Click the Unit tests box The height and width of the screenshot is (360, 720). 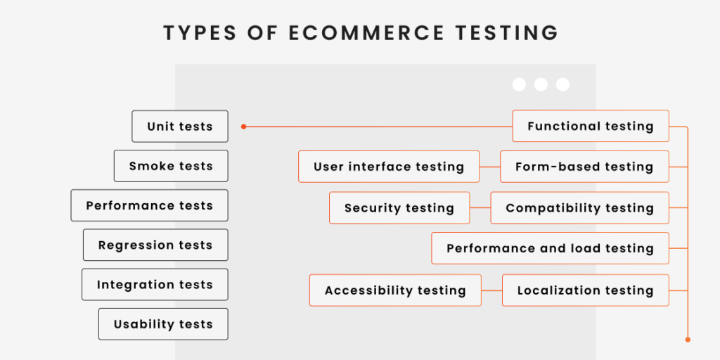click(180, 127)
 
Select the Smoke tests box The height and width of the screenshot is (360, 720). click(171, 166)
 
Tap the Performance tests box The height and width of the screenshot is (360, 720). click(149, 205)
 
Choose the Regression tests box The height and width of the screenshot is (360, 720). click(155, 245)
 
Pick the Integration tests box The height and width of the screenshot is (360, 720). click(155, 285)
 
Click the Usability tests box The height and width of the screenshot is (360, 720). click(163, 324)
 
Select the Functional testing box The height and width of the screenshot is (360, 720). click(591, 126)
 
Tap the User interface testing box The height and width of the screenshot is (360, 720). click(388, 167)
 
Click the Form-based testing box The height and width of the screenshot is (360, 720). click(584, 167)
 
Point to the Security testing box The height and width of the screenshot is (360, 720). click(399, 207)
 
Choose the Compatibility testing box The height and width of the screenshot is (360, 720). click(579, 207)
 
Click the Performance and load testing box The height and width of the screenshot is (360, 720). click(550, 248)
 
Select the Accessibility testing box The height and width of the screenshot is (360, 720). click(395, 290)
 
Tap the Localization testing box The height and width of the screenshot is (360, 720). click(586, 290)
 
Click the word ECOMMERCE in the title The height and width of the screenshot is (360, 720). click(366, 33)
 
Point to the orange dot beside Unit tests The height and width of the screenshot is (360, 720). click(244, 127)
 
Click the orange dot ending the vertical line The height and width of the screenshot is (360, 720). click(688, 340)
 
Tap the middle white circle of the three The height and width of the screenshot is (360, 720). click(541, 84)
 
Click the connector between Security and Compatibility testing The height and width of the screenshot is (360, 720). click(480, 207)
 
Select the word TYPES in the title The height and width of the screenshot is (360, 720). click(200, 33)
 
